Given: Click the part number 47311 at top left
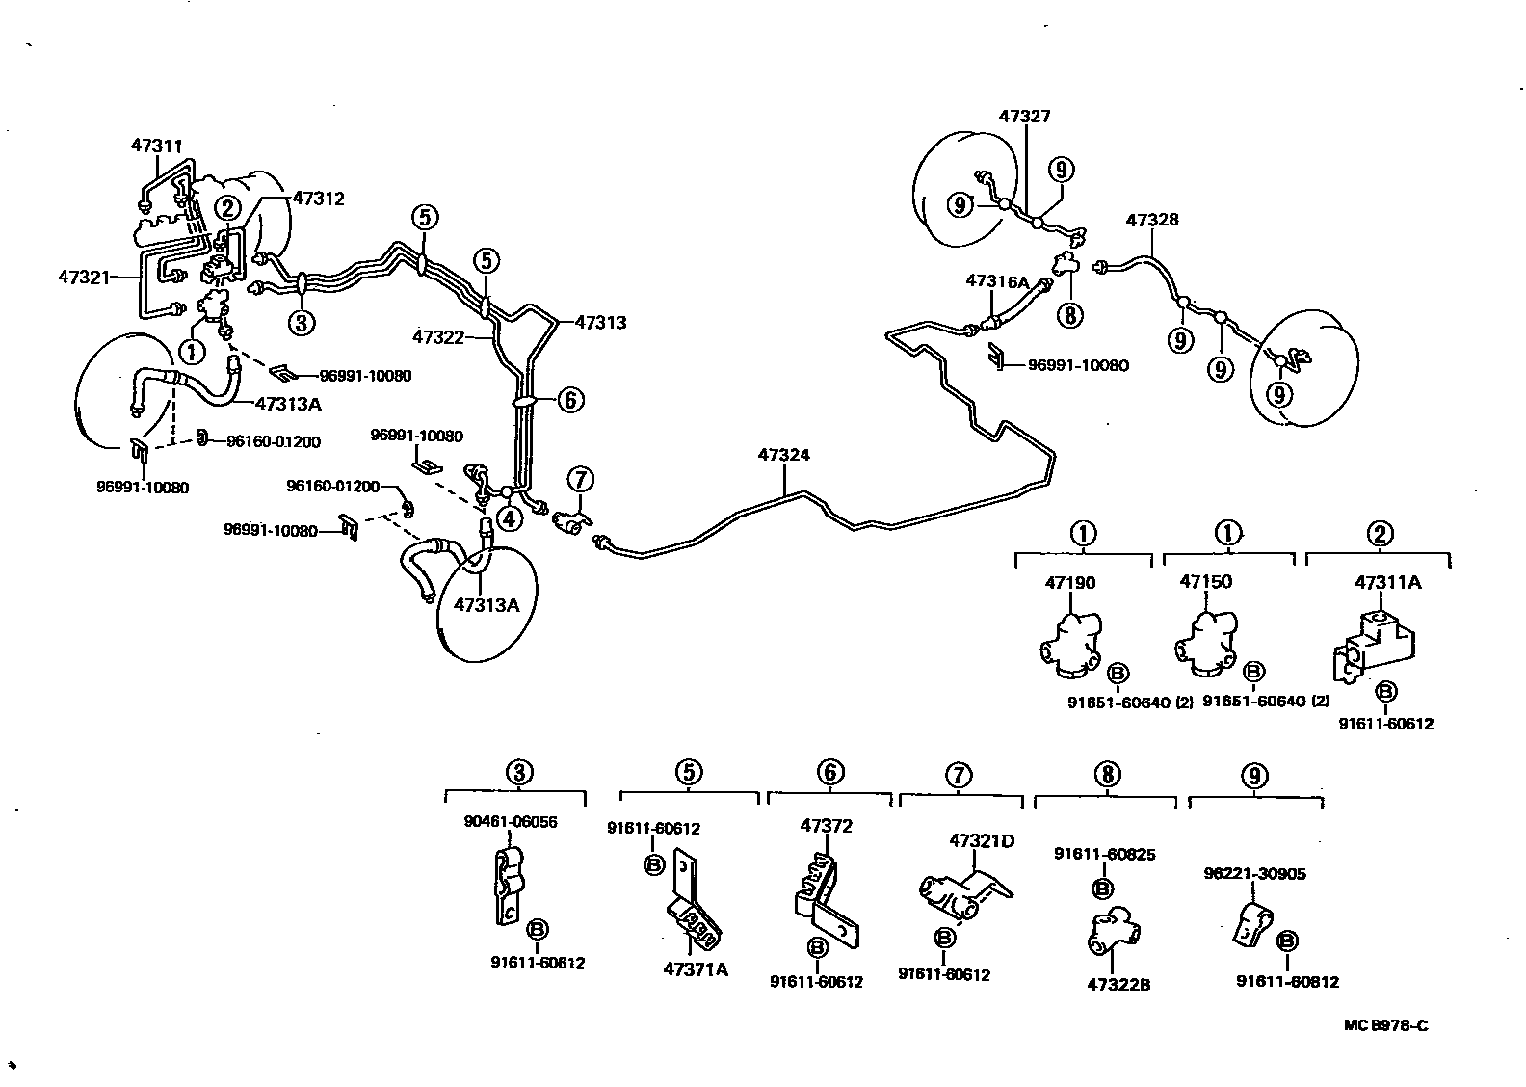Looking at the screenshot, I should [156, 146].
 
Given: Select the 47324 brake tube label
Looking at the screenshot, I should [784, 456].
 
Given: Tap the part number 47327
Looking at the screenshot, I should [1024, 117].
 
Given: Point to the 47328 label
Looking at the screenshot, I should [1152, 221].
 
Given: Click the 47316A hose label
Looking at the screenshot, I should [997, 281].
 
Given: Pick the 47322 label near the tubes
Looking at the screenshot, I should [439, 337].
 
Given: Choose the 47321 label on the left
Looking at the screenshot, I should [84, 277].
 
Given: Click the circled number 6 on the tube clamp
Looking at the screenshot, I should [570, 399].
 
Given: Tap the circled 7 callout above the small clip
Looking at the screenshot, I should [580, 479].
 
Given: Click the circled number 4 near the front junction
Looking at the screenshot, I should [509, 517].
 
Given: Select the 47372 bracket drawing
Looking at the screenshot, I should [826, 894].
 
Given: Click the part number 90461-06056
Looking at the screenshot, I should [511, 822].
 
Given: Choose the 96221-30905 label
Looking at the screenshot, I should [1254, 874].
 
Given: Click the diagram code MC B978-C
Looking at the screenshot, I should [1386, 1025].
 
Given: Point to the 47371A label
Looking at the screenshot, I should [695, 969].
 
